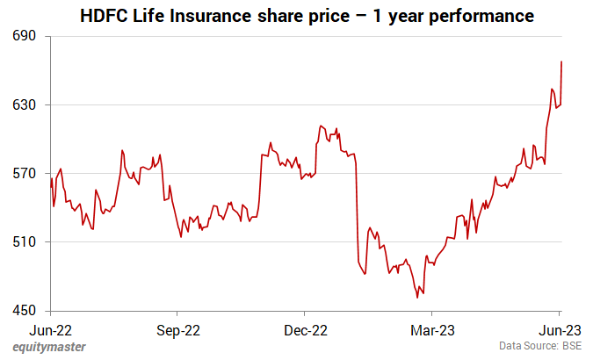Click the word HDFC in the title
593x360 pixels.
click(103, 16)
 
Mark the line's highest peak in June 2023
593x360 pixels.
click(561, 61)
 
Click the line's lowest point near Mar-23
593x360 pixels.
click(416, 298)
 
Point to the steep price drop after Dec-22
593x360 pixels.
click(357, 211)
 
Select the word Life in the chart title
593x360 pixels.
click(150, 16)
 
